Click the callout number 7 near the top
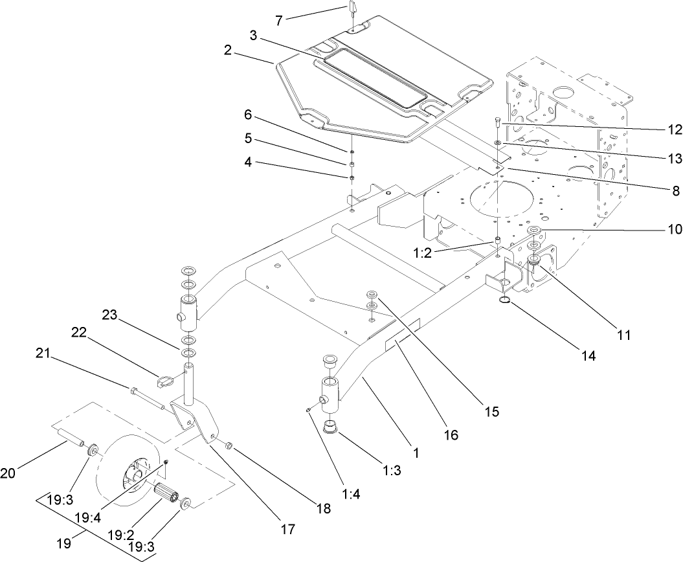pyautogui.click(x=278, y=20)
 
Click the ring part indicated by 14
pyautogui.click(x=505, y=300)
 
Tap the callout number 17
pyautogui.click(x=288, y=530)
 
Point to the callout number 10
pyautogui.click(x=674, y=229)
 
